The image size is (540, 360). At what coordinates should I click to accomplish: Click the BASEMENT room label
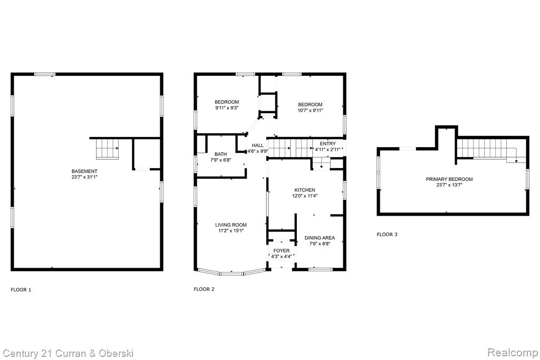click(x=84, y=171)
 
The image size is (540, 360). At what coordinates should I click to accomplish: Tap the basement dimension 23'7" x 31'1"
click(x=84, y=177)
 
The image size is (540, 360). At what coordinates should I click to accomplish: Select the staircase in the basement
click(x=108, y=149)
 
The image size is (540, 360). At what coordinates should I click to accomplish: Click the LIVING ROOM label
click(x=231, y=225)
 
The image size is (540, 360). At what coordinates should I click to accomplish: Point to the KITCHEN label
click(x=305, y=190)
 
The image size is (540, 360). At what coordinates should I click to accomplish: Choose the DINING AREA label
click(x=320, y=238)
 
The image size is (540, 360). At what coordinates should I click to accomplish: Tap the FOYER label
click(x=282, y=250)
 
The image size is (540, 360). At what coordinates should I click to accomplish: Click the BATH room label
click(x=221, y=154)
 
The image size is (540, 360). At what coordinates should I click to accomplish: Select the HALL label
click(x=257, y=145)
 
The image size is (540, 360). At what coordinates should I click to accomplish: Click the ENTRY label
click(x=327, y=143)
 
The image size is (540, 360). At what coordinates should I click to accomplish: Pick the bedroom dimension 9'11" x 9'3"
click(x=227, y=108)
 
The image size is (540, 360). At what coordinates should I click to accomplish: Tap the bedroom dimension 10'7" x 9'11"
click(x=310, y=111)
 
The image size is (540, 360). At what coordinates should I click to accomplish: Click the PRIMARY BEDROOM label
click(x=449, y=179)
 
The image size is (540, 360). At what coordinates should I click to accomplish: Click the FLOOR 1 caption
click(x=21, y=290)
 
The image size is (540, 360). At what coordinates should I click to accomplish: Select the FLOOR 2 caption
click(x=204, y=289)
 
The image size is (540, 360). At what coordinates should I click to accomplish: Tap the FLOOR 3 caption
click(x=387, y=235)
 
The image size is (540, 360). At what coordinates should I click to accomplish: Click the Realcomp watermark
click(x=513, y=353)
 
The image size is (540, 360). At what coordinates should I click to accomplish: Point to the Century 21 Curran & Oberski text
click(x=68, y=354)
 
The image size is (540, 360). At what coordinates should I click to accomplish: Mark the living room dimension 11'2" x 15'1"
click(x=231, y=230)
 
